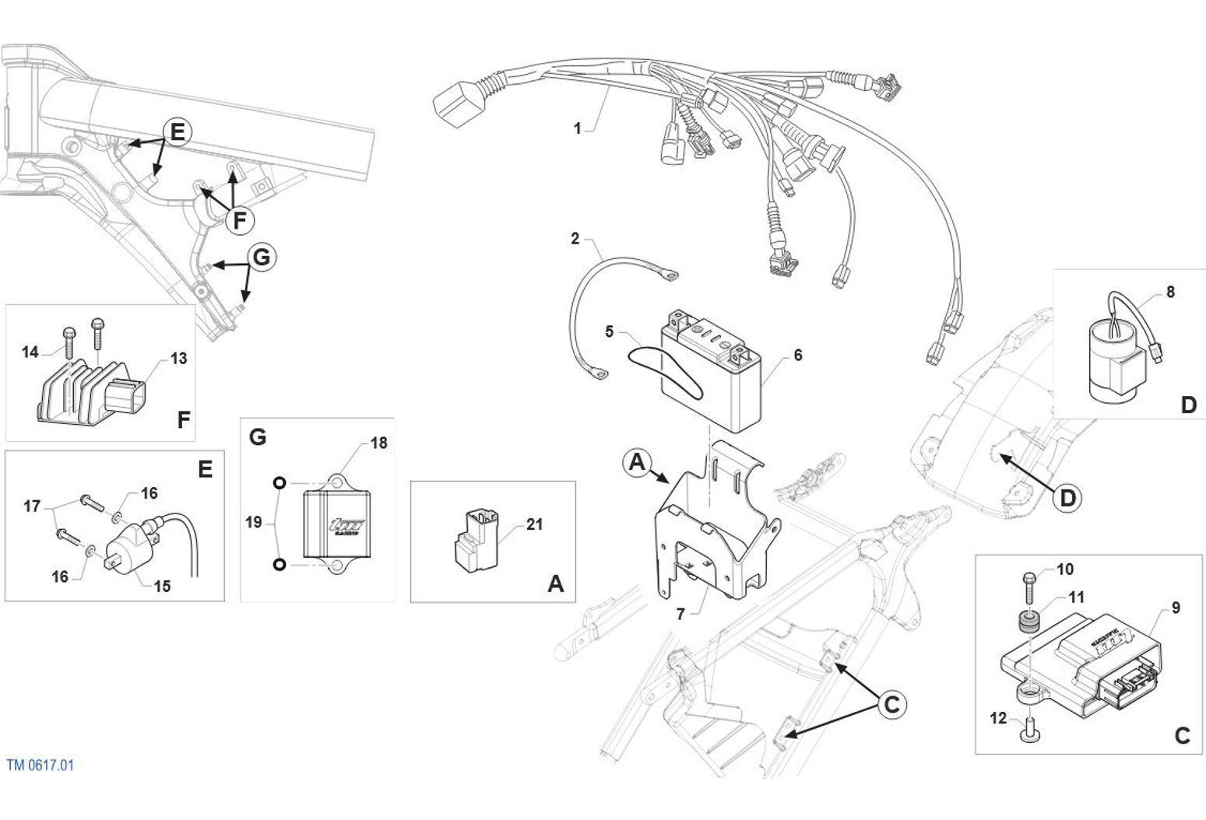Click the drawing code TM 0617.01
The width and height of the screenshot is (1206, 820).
coord(40,765)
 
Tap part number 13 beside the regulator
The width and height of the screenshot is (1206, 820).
coord(179,359)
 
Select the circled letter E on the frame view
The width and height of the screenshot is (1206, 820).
coord(178,131)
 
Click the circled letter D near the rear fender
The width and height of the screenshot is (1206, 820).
coord(1067,498)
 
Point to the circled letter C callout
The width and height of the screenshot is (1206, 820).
coord(892,704)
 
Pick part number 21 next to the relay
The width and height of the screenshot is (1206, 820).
coord(534,524)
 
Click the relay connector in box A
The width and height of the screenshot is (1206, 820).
coord(476,540)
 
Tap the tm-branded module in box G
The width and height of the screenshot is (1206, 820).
coord(337,517)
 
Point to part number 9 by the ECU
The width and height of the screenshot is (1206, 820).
coord(1176,608)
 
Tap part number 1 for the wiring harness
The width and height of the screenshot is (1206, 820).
coord(577,128)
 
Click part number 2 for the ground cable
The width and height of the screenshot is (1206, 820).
coord(575,238)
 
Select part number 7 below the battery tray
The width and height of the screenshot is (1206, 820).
coord(680,614)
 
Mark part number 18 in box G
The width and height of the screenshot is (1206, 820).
coord(378,443)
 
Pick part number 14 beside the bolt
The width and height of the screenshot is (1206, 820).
coord(30,352)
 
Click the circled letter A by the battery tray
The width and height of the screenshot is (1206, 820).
coord(637,463)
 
